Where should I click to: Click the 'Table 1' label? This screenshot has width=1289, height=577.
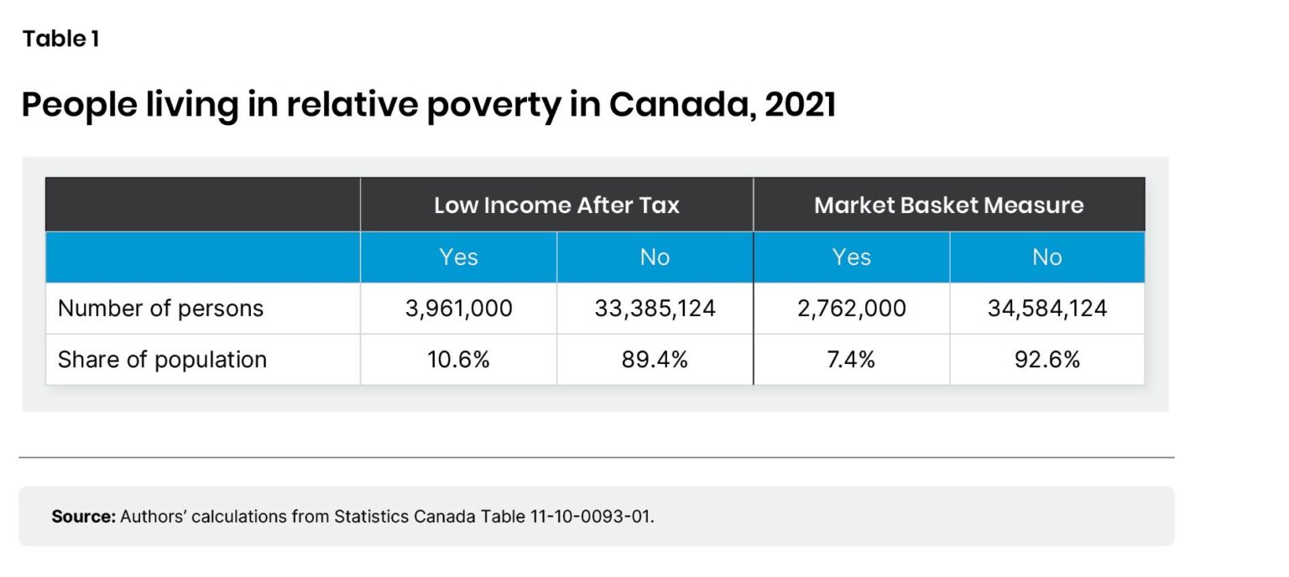pos(60,39)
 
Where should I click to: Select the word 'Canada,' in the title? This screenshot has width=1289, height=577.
pos(681,106)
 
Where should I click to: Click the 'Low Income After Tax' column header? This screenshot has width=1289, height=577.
pos(556,205)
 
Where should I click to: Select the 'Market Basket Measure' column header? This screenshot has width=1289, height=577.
pos(948,205)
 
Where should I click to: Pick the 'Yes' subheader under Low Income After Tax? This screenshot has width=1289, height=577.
pos(458,257)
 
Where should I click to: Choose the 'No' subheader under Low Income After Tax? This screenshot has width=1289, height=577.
pos(655,257)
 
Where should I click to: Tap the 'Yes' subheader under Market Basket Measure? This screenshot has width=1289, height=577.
pos(851,257)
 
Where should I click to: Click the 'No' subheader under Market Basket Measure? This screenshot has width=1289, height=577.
pos(1046,257)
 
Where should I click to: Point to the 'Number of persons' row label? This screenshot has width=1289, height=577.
pos(160,309)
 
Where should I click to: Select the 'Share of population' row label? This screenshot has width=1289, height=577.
pos(162,360)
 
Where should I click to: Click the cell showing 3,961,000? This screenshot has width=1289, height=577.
pos(458,309)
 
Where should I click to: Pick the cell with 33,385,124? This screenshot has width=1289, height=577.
pos(655,309)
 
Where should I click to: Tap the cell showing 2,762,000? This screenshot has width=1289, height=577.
pos(851,309)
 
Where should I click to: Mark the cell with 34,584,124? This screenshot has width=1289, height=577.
pos(1046,309)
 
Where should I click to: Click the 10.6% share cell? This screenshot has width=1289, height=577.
pos(458,360)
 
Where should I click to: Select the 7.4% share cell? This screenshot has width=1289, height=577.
pos(851,360)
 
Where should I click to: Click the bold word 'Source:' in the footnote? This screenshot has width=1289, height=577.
pos(83,517)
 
